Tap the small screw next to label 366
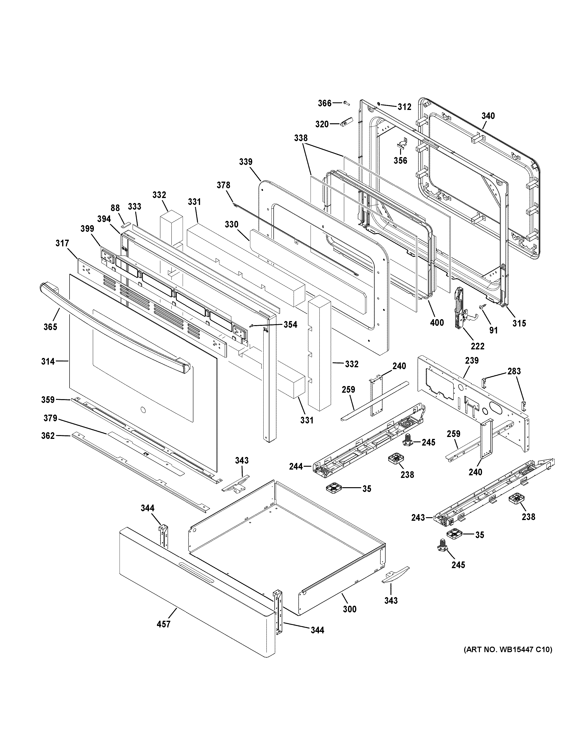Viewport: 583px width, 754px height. tap(347, 103)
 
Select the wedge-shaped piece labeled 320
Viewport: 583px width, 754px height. tap(346, 122)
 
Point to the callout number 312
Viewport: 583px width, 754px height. tap(404, 107)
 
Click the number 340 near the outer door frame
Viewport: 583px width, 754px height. tap(488, 116)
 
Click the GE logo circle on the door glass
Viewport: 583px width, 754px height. tap(142, 410)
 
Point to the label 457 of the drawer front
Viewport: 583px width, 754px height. tap(163, 624)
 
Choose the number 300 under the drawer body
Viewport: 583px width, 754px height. tap(350, 609)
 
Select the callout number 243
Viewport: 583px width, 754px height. tap(418, 527)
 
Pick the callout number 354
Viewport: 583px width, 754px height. tap(290, 325)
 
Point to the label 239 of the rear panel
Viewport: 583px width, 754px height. tap(472, 360)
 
